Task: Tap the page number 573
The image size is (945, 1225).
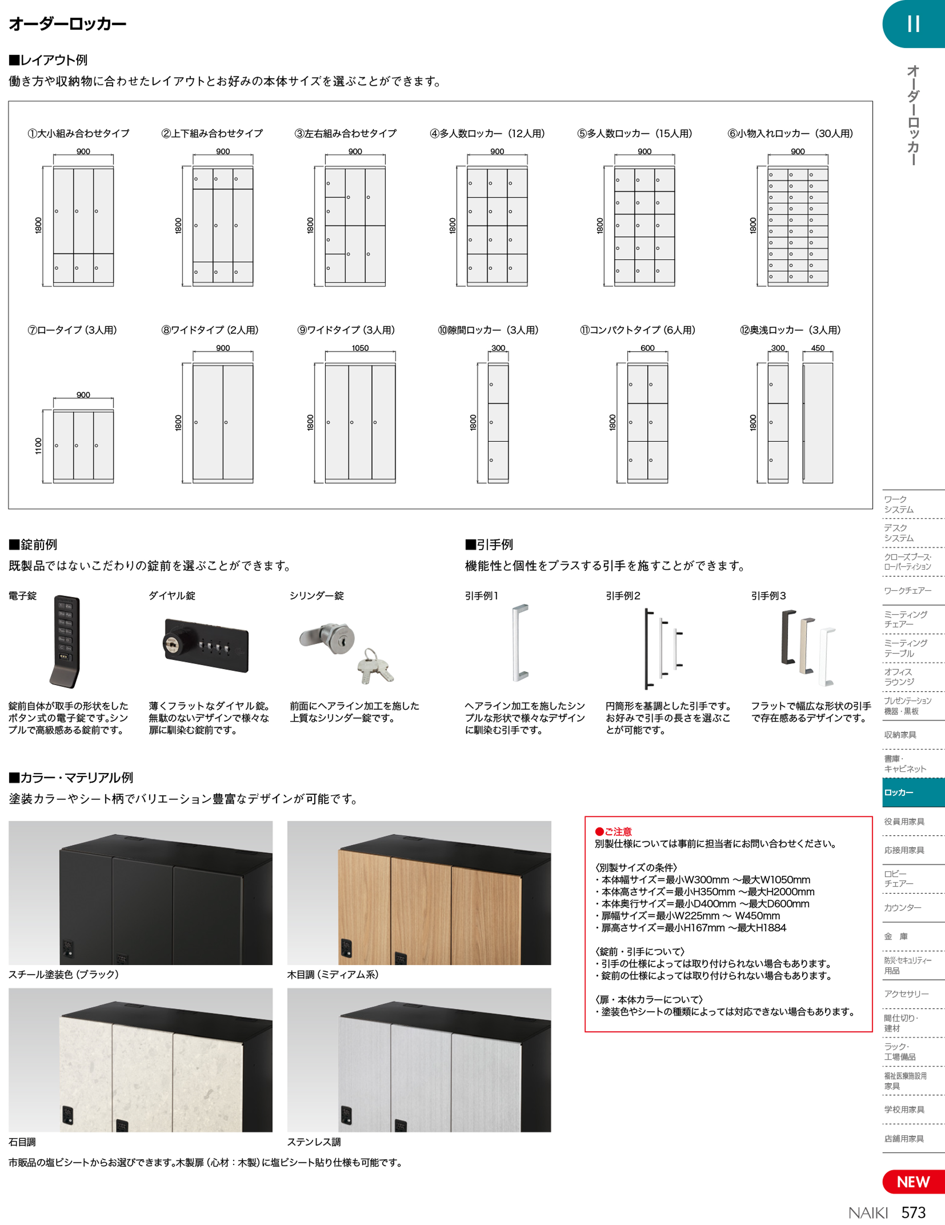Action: coord(913,1212)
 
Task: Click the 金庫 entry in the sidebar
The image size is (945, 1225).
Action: coord(896,936)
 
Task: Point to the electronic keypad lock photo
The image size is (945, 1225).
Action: coord(65,641)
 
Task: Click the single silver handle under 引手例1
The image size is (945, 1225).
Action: coord(520,642)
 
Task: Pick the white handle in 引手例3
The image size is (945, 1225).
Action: coord(826,657)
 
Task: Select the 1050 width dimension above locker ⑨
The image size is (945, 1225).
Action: coord(360,348)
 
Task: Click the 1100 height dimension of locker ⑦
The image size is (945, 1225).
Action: coord(38,446)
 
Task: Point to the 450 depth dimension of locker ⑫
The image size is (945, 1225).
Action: coord(818,348)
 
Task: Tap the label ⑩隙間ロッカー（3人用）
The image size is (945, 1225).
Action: coord(488,330)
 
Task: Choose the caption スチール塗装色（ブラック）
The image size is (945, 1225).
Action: coord(63,975)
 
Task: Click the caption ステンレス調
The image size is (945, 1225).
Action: coord(314,1142)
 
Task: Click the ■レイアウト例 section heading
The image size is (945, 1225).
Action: coord(48,60)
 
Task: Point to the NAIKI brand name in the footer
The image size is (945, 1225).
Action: coord(868,1213)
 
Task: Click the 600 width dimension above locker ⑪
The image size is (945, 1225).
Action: coord(647,348)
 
